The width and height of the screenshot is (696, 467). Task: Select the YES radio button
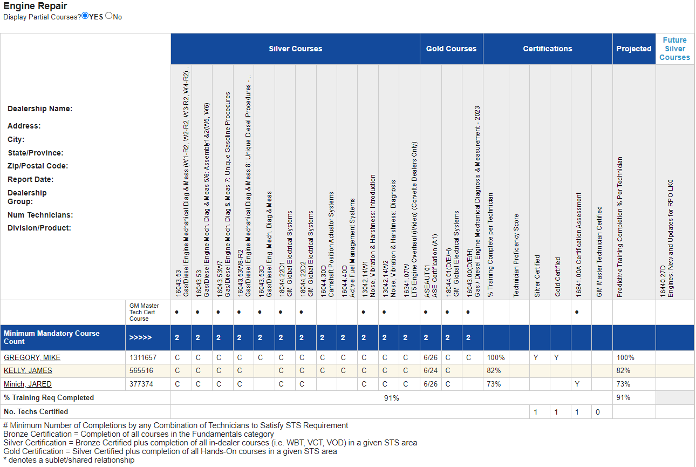click(x=85, y=16)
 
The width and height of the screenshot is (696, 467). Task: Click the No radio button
click(x=109, y=16)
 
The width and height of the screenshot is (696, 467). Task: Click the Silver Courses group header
click(x=295, y=49)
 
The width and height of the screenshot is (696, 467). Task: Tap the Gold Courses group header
click(x=451, y=49)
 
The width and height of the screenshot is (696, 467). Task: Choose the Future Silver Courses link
click(x=674, y=49)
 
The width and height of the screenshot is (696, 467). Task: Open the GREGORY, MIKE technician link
click(x=32, y=357)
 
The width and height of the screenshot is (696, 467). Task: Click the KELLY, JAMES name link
click(x=28, y=370)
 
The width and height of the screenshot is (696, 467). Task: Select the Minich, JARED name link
click(x=28, y=384)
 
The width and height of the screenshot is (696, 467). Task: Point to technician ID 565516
click(x=141, y=370)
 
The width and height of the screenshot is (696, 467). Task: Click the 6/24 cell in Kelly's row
click(x=431, y=370)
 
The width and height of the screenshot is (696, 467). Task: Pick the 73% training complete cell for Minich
click(x=494, y=384)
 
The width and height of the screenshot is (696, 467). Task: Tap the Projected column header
click(x=634, y=49)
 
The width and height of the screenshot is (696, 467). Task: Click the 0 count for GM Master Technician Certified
click(x=598, y=412)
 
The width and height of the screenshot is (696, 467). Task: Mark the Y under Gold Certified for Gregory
click(x=556, y=357)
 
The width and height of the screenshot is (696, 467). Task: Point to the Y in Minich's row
click(x=577, y=384)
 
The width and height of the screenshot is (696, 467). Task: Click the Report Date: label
click(x=30, y=179)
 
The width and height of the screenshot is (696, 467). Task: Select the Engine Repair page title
click(x=35, y=6)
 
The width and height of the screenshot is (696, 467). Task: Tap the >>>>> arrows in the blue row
click(x=140, y=337)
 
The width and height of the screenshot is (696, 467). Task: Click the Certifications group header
click(x=548, y=49)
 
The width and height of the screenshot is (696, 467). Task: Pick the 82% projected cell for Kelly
click(x=623, y=370)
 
